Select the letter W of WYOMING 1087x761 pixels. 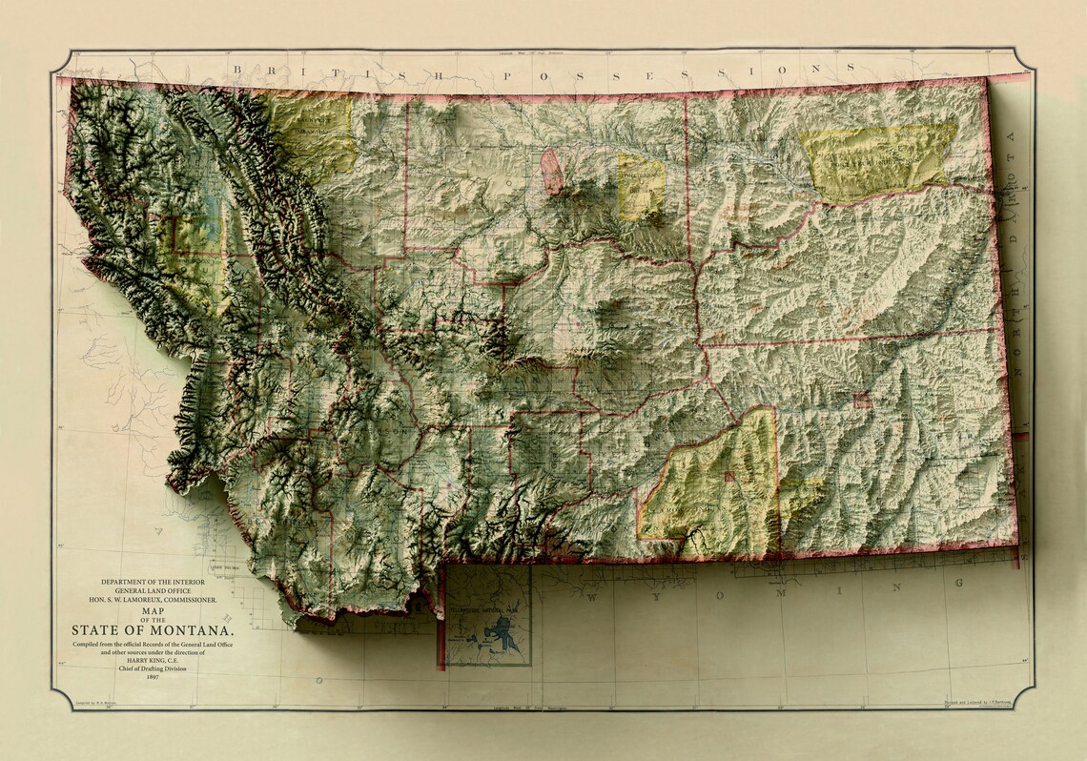coord(592,597)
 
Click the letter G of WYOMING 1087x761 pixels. coord(958,582)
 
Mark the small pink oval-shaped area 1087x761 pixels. coord(551,172)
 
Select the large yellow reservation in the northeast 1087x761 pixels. coord(877,160)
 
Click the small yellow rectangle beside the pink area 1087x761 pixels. coord(641,186)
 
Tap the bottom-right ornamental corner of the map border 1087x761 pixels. coord(1025,700)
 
